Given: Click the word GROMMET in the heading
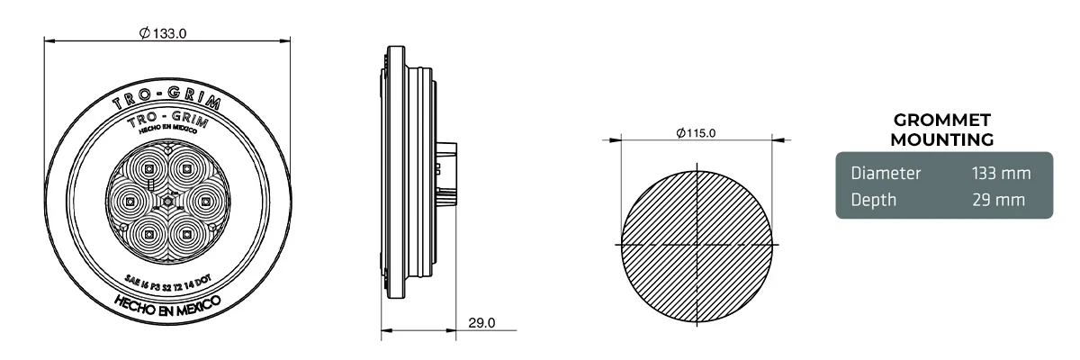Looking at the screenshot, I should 941,121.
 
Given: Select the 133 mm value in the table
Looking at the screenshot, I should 1000,173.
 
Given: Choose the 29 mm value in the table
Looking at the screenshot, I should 1000,200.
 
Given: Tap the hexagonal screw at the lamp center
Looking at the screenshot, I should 167,203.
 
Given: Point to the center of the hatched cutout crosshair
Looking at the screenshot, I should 698,245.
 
